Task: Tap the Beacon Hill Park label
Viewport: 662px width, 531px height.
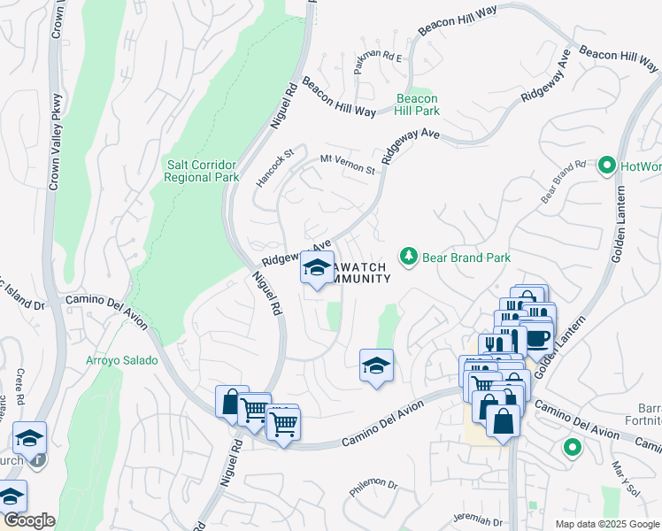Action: tap(418, 105)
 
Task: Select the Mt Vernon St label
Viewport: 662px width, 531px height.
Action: tap(348, 165)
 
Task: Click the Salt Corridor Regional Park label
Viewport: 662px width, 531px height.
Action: tap(202, 171)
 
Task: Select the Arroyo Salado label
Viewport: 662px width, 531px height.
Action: tap(122, 360)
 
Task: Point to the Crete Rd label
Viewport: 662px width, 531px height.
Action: tap(19, 388)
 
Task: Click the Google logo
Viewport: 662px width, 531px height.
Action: tap(28, 520)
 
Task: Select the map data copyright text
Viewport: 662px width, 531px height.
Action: tap(607, 524)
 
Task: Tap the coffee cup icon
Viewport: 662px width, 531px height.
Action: tap(537, 338)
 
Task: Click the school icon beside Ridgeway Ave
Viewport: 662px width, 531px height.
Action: tap(317, 269)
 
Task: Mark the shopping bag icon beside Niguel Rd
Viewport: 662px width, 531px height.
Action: tap(232, 403)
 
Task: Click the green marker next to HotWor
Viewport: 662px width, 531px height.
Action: tap(607, 165)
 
